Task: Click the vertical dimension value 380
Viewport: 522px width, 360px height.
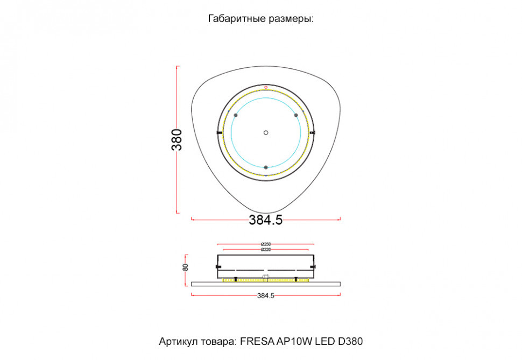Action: coord(177,139)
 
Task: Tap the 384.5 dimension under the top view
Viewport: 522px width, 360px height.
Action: coord(265,220)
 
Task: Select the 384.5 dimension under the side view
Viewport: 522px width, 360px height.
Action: coord(266,295)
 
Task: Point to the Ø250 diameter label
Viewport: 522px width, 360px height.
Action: coord(265,245)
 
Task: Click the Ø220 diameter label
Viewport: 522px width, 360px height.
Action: coord(265,250)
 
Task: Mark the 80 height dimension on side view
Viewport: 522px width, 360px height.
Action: coord(186,266)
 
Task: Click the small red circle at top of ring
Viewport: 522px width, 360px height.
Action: coord(266,87)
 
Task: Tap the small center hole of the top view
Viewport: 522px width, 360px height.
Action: coord(265,132)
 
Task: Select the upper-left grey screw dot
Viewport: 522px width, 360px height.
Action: coord(235,116)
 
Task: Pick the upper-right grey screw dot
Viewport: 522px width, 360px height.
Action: coord(295,116)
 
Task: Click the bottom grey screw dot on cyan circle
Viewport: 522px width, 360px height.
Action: coord(265,167)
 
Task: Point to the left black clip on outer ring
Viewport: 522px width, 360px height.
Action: coord(218,132)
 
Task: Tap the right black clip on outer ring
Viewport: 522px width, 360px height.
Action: coord(313,132)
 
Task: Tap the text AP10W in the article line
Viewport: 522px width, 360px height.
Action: coord(294,342)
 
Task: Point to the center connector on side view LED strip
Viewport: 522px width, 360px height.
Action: coord(265,278)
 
